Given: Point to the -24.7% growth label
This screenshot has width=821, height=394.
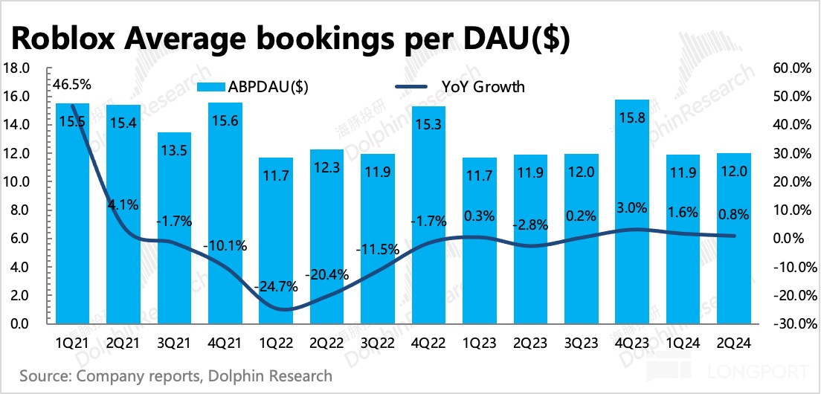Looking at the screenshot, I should click(275, 286).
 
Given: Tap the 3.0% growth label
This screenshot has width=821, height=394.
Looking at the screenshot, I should click(631, 207).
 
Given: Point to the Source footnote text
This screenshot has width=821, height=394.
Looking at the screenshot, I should click(176, 375).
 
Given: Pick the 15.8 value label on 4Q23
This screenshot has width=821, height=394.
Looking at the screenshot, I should click(631, 117).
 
